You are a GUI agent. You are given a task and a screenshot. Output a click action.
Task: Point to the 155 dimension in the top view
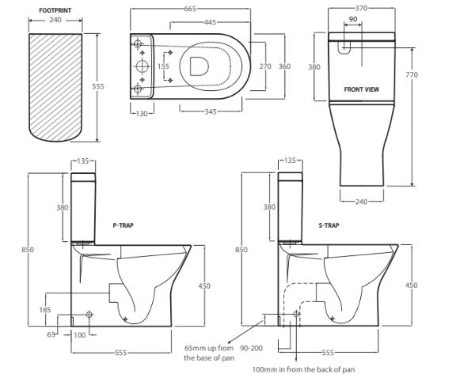click(162, 66)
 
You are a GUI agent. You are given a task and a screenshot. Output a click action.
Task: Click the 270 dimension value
click(265, 66)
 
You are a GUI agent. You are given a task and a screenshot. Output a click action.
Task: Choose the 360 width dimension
click(283, 66)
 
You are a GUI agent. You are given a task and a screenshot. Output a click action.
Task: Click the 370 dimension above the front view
click(362, 9)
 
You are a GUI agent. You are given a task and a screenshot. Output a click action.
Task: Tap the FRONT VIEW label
click(361, 89)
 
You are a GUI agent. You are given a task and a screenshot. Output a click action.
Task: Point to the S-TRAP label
click(330, 225)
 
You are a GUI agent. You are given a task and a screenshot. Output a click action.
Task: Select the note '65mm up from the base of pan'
click(208, 353)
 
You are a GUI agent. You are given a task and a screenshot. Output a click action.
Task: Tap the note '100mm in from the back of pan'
click(302, 369)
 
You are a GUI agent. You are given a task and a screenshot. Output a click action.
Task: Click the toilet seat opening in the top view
click(203, 66)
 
